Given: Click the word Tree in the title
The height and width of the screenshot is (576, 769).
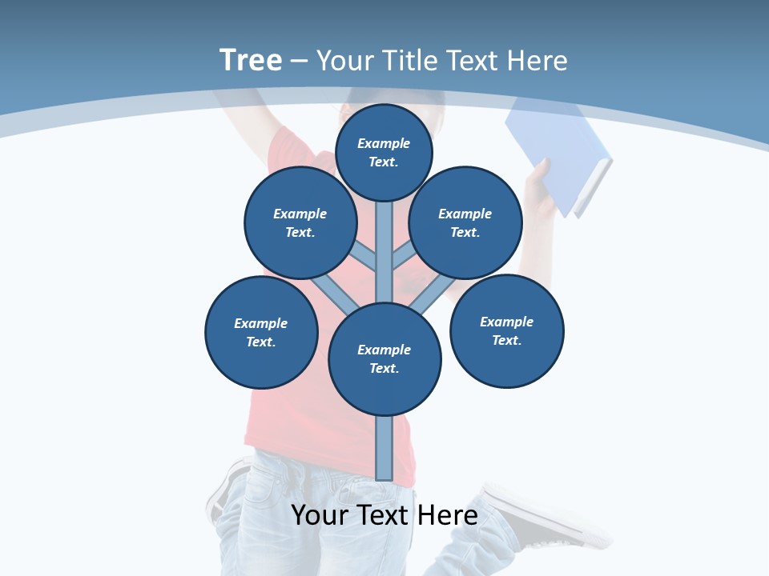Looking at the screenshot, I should [x=251, y=60].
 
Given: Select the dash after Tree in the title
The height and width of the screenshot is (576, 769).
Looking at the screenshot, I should [x=299, y=62].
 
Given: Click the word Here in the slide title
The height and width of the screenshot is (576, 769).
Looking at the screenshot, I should [x=537, y=61].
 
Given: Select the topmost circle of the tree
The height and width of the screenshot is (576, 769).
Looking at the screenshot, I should [x=384, y=152].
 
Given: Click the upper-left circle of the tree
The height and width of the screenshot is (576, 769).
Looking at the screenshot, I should [x=300, y=222].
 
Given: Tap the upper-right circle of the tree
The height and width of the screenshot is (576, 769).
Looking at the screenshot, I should [x=465, y=222].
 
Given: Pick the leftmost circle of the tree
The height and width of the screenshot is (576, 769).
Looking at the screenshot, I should [x=261, y=332].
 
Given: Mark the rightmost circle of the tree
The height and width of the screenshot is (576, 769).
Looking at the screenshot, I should [x=506, y=330].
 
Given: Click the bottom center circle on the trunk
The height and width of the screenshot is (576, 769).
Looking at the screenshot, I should [x=384, y=358].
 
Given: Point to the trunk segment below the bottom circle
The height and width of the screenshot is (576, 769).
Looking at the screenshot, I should [x=384, y=448].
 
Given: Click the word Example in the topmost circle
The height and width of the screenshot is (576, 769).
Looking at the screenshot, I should [x=384, y=143].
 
